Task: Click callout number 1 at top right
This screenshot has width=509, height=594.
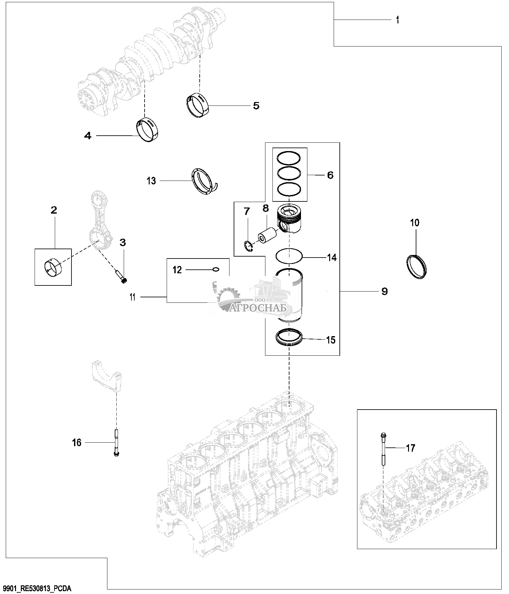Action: (397, 20)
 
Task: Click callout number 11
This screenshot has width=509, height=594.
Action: (132, 297)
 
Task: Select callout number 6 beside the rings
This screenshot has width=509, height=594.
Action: (330, 175)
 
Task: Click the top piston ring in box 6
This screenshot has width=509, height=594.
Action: (289, 157)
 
